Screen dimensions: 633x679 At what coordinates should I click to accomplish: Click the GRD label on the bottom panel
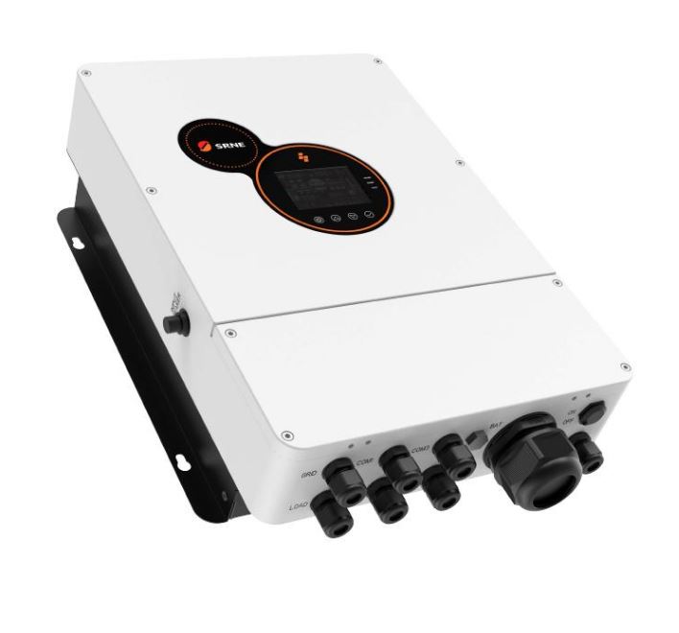click(x=309, y=475)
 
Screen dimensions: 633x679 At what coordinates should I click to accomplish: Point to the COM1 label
click(x=365, y=463)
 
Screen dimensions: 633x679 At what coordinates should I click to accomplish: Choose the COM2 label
click(x=420, y=449)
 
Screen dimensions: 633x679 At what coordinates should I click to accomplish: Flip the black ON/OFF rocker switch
click(x=592, y=410)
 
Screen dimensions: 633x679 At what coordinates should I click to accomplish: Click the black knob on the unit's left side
click(x=174, y=323)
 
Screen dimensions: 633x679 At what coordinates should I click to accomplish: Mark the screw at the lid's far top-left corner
click(x=85, y=73)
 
